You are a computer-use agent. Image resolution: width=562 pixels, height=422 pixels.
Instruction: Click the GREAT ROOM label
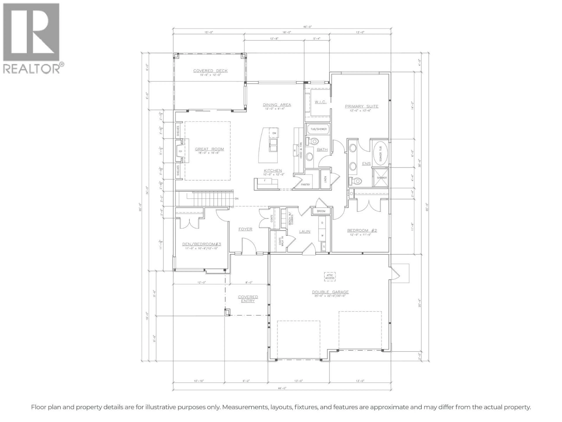209,149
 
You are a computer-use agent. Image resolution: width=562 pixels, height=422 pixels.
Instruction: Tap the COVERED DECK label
210,71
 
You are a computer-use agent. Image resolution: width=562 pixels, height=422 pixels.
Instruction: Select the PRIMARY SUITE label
361,106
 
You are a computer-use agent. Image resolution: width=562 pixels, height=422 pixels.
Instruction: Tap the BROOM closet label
321,211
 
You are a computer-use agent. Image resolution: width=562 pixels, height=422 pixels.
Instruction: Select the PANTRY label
305,184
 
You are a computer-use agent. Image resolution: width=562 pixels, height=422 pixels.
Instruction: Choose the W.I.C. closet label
320,102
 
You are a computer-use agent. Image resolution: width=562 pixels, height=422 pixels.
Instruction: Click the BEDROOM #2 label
362,230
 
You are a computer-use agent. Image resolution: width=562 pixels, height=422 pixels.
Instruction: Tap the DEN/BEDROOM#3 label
202,244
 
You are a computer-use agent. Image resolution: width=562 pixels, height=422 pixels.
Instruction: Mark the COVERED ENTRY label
248,299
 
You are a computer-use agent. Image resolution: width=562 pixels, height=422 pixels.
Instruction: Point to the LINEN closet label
325,179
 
